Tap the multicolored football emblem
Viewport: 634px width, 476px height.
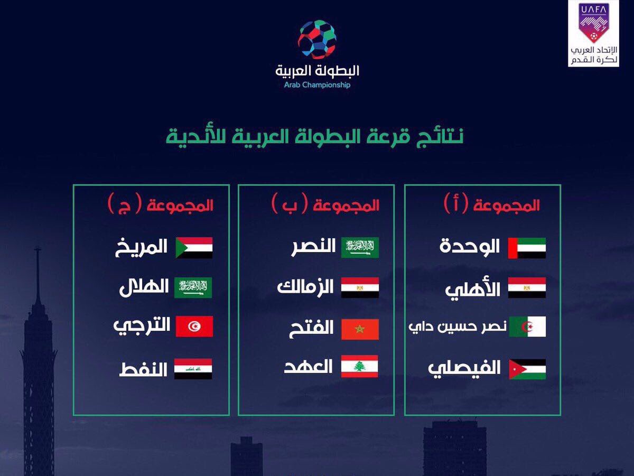pyautogui.click(x=317, y=40)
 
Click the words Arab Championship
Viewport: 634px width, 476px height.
pyautogui.click(x=317, y=85)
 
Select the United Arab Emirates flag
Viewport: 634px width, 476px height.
pyautogui.click(x=527, y=248)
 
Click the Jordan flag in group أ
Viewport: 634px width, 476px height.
pyautogui.click(x=527, y=369)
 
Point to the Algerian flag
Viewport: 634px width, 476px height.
pyautogui.click(x=527, y=326)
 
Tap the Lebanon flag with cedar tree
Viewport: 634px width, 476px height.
pyautogui.click(x=360, y=366)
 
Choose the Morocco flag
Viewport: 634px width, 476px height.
pyautogui.click(x=360, y=329)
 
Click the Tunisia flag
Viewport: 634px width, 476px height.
pyautogui.click(x=194, y=326)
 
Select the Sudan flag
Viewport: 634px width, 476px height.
pyautogui.click(x=194, y=248)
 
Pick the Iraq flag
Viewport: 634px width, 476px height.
pyautogui.click(x=193, y=369)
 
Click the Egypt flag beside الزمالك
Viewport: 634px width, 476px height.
pyautogui.click(x=360, y=287)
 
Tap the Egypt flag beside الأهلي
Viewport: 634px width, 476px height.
pyautogui.click(x=527, y=287)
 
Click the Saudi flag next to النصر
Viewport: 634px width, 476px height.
pyautogui.click(x=360, y=248)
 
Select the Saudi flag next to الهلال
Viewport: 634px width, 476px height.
pyautogui.click(x=193, y=287)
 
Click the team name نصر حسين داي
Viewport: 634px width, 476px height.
pyautogui.click(x=457, y=327)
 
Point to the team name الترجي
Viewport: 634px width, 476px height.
pyautogui.click(x=142, y=326)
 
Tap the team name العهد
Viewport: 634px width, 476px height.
pyautogui.click(x=309, y=366)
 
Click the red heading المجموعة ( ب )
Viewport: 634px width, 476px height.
pyautogui.click(x=325, y=204)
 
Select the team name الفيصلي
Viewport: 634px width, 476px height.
pyautogui.click(x=464, y=368)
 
